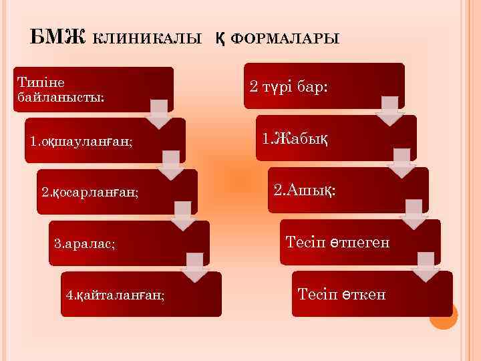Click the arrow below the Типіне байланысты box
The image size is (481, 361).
(x=160, y=114)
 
